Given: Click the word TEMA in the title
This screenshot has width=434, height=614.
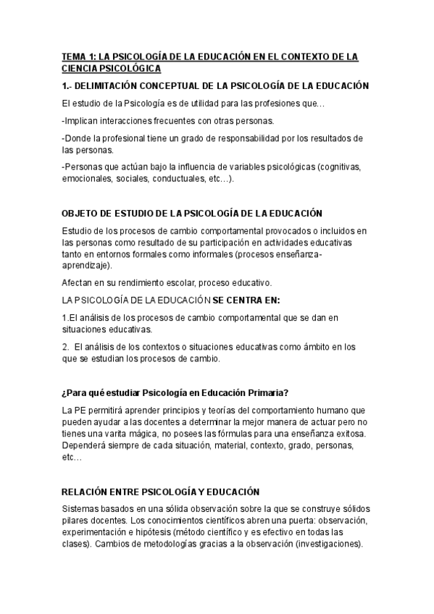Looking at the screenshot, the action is (x=73, y=56).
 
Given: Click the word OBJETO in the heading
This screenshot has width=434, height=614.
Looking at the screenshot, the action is (x=80, y=214).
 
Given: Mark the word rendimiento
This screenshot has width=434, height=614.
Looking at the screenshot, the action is (x=136, y=283).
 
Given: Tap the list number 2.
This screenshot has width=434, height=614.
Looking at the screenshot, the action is (x=65, y=347).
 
